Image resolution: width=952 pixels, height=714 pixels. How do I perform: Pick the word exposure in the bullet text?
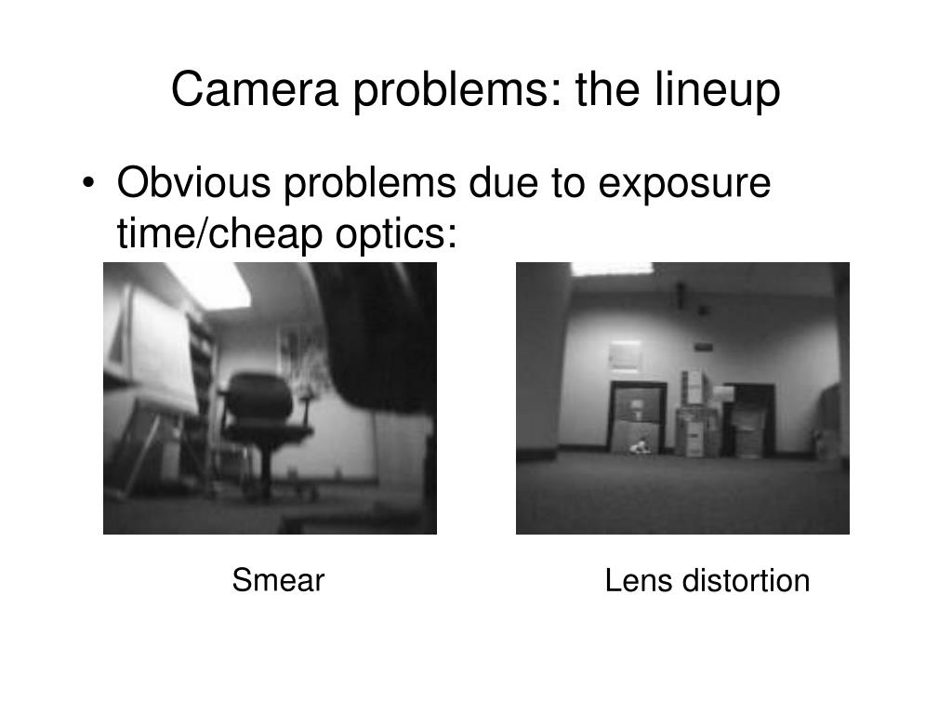pyautogui.click(x=683, y=183)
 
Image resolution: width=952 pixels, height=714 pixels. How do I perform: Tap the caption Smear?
pyautogui.click(x=278, y=581)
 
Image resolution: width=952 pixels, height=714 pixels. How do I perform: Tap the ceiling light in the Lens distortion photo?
pyautogui.click(x=612, y=269)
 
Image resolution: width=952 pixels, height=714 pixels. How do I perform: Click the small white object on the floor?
pyautogui.click(x=640, y=448)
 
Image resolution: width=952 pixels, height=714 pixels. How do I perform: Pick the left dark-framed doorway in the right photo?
pyautogui.click(x=638, y=418)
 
